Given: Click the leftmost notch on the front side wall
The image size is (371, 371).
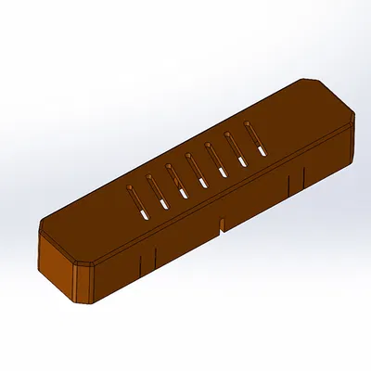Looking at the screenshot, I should (x=139, y=263).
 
